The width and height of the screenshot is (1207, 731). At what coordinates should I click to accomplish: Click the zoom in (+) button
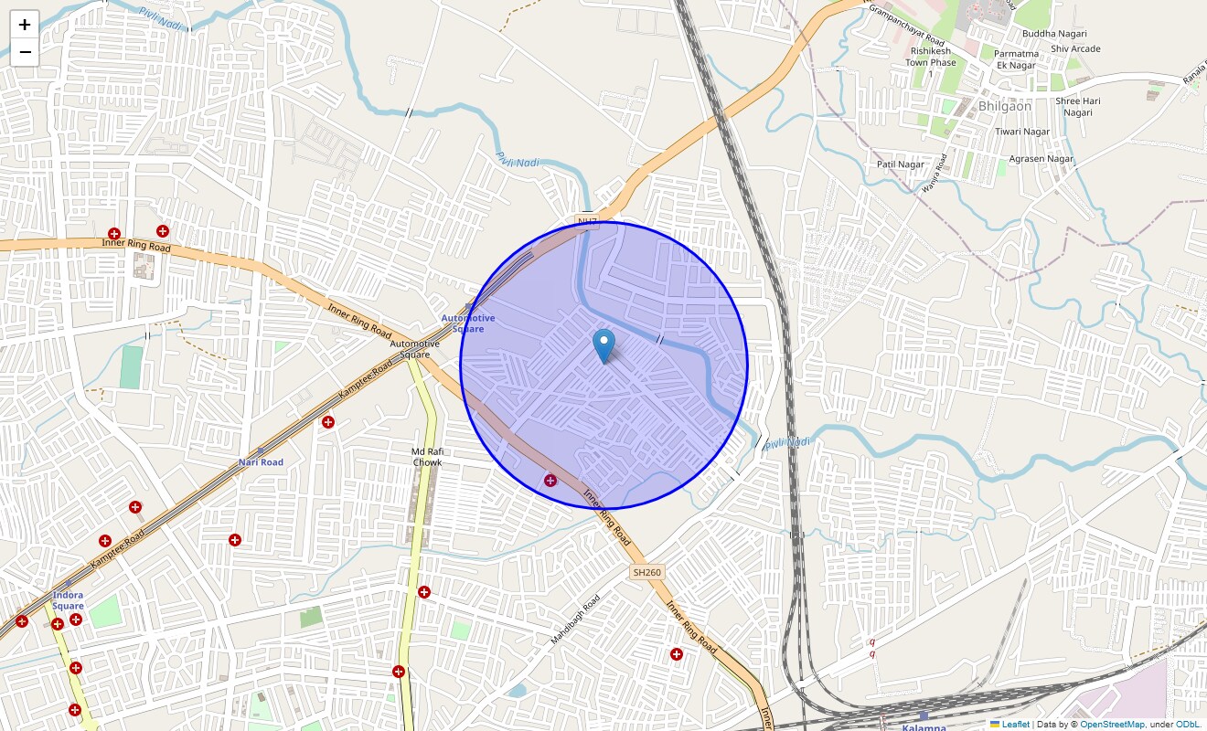(x=25, y=25)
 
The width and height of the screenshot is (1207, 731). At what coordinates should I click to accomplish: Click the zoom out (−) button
(x=25, y=52)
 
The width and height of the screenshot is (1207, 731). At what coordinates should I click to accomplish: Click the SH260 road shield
(x=646, y=572)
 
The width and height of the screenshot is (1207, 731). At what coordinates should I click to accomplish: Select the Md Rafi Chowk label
(x=427, y=457)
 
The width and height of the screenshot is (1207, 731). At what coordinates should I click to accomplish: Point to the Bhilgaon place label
(x=1004, y=106)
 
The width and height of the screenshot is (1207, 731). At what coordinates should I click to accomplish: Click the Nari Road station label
(x=261, y=462)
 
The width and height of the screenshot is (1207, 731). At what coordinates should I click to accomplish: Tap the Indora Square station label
(x=68, y=600)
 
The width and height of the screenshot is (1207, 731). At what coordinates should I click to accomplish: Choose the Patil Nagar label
(x=900, y=164)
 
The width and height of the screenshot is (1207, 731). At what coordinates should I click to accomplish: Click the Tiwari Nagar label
(x=1022, y=132)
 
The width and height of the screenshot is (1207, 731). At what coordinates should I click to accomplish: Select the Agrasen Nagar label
(x=1041, y=159)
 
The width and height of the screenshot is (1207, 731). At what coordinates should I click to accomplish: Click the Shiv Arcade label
(x=1075, y=48)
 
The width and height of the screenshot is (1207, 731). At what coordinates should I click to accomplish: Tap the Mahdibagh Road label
(x=575, y=620)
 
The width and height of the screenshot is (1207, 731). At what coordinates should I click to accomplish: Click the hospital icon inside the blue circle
(x=550, y=481)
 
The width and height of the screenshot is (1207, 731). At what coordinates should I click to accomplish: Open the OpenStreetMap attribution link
(x=1112, y=724)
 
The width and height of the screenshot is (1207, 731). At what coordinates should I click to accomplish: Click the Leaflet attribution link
(x=1015, y=724)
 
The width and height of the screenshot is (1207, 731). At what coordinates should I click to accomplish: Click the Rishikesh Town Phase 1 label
(x=931, y=62)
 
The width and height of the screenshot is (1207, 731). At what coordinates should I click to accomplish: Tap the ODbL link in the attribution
(x=1186, y=724)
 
